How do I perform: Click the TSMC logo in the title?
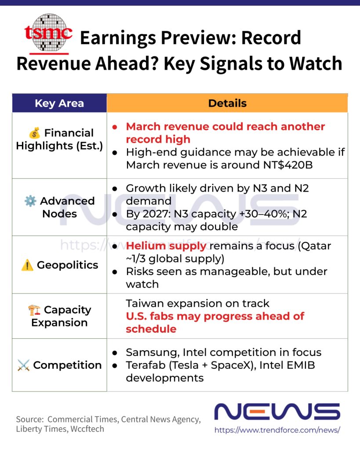click(x=48, y=33)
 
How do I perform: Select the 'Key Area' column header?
click(x=59, y=104)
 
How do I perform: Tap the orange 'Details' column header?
click(x=227, y=103)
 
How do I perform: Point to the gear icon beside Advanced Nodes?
click(x=30, y=201)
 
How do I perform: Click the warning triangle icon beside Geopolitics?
click(x=27, y=265)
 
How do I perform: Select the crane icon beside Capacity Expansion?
click(x=34, y=310)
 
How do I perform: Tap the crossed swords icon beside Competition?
click(x=23, y=365)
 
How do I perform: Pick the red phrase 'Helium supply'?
click(x=166, y=246)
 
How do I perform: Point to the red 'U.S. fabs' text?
click(x=148, y=316)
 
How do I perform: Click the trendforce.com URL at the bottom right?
click(x=277, y=430)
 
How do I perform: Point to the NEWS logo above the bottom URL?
click(x=277, y=412)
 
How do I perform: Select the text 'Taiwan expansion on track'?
click(x=197, y=304)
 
